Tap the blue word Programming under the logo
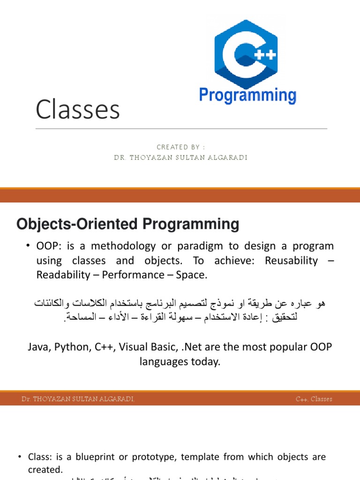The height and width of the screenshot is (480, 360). tap(247, 95)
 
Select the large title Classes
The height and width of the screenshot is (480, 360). tap(78, 110)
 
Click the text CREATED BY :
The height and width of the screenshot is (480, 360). tap(180, 147)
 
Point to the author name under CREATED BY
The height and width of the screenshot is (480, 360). tap(180, 157)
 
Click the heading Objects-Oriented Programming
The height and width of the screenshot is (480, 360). tap(127, 224)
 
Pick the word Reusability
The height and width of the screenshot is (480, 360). tap(291, 261)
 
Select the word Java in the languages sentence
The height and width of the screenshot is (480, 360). tap(40, 347)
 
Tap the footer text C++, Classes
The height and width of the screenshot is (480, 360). tap(314, 399)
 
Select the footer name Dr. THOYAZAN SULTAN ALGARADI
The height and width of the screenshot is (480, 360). tap(78, 399)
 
